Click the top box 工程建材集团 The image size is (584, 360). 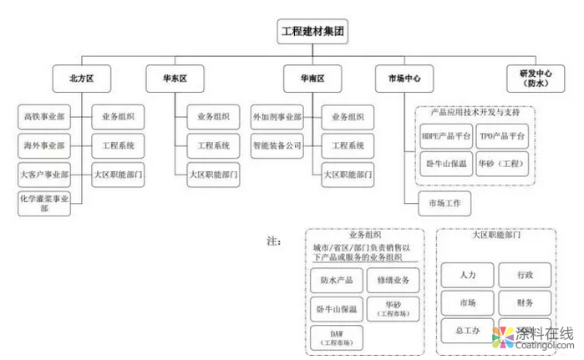312,33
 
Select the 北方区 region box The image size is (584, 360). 81,79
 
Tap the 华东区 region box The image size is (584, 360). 175,79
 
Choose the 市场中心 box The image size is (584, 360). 404,79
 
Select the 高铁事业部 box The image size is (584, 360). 43,116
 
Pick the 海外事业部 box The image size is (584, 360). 43,145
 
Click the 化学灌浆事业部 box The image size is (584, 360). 43,203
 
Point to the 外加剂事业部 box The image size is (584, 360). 277,116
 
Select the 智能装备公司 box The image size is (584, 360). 277,145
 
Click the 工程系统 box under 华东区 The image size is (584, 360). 213,145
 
